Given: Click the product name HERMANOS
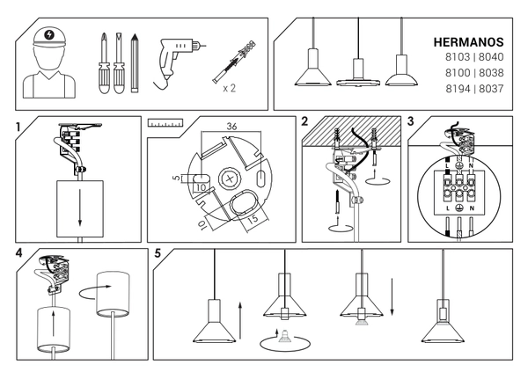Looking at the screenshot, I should (468, 41).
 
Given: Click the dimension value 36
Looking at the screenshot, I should (231, 126).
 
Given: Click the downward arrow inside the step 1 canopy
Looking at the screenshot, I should (79, 201).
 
